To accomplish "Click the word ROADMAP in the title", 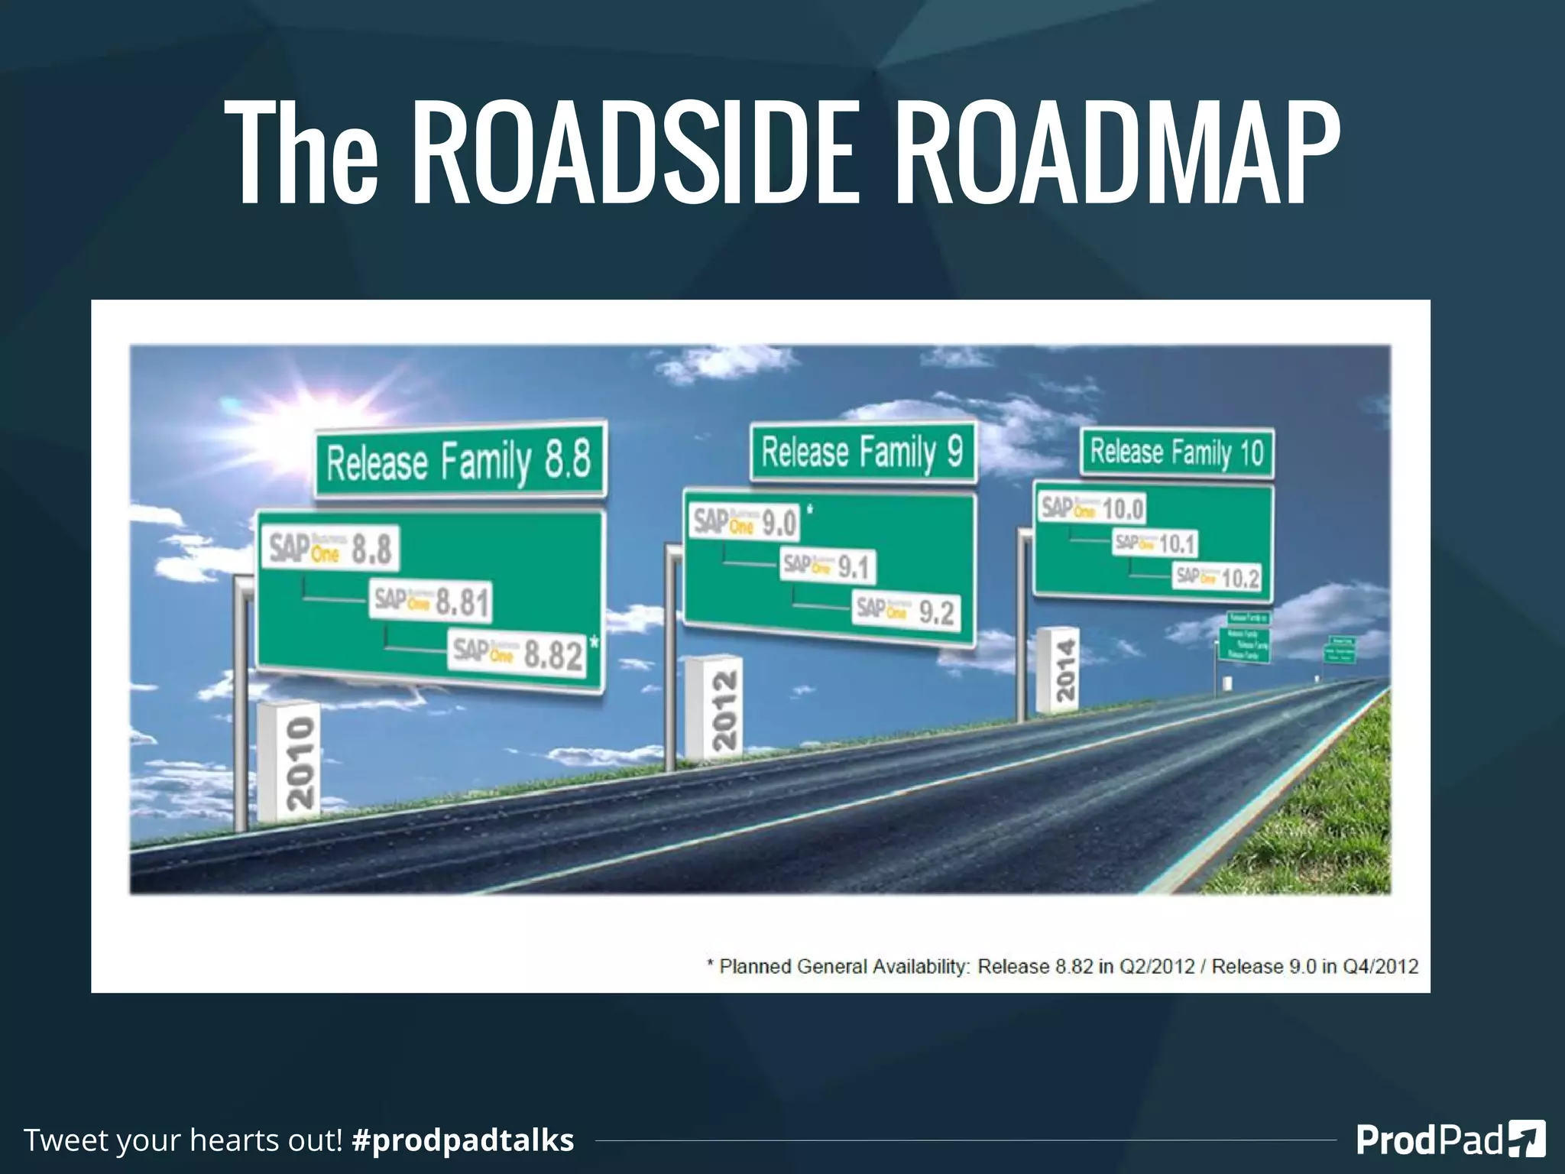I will [1116, 153].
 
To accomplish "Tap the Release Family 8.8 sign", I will [460, 460].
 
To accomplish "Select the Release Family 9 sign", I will [863, 452].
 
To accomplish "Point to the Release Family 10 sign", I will [1177, 452].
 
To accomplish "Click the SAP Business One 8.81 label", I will [431, 602].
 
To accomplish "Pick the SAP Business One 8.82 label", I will [518, 653].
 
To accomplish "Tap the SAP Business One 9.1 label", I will [828, 566].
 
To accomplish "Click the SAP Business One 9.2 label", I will [906, 611].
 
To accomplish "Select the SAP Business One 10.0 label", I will [1093, 508].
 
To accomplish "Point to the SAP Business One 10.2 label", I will [1217, 577].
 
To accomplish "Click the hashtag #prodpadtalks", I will [463, 1140].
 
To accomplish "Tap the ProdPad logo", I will [1450, 1140].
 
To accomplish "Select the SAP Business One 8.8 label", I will [330, 548].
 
